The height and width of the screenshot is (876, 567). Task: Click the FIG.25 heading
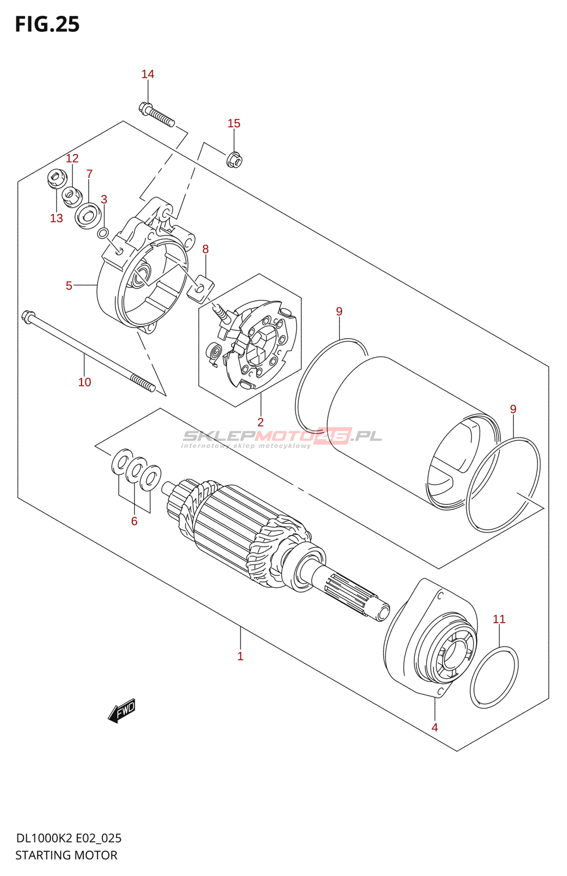click(47, 24)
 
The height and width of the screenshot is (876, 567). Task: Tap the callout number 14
click(148, 74)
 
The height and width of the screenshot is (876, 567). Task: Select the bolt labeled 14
click(157, 114)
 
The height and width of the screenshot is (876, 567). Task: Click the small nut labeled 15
click(234, 159)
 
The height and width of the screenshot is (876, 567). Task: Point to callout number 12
click(72, 158)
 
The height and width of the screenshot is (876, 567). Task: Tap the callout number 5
click(69, 285)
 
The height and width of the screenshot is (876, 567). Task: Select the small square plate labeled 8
click(200, 289)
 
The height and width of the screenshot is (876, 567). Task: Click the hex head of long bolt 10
click(28, 316)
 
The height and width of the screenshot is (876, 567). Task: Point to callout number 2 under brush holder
click(261, 422)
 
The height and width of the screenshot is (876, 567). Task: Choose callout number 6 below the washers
click(134, 521)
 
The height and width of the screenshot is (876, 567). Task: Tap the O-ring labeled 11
click(494, 677)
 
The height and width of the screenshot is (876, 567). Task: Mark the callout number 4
click(435, 727)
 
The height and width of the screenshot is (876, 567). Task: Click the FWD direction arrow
click(122, 711)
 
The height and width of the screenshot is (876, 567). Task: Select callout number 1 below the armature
click(240, 656)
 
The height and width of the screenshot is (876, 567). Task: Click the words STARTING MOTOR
click(66, 855)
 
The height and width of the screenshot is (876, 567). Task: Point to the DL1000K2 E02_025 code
click(69, 838)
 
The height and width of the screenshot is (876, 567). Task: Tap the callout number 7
click(89, 174)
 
